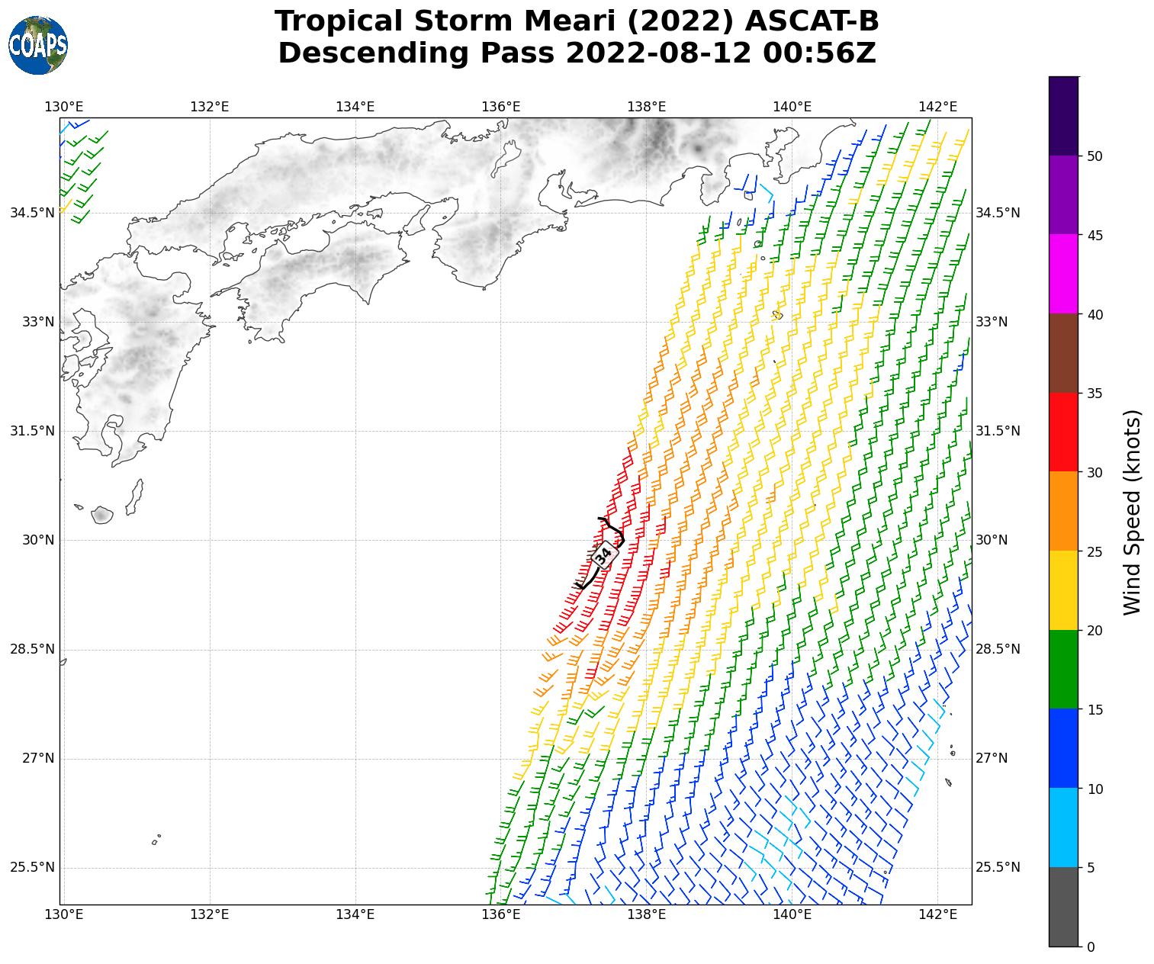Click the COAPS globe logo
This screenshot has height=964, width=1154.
(x=38, y=45)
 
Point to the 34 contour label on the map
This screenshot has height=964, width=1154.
(x=603, y=554)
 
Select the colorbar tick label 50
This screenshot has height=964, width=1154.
(x=1095, y=156)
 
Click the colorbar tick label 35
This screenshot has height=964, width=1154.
(x=1095, y=394)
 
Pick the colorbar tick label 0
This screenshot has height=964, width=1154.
(x=1091, y=947)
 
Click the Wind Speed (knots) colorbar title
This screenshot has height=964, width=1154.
(x=1133, y=512)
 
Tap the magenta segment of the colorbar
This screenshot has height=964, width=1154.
(x=1063, y=274)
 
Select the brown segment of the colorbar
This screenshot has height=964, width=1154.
(x=1063, y=353)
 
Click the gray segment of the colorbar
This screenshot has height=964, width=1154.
(x=1063, y=907)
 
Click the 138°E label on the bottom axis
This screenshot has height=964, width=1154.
(x=646, y=914)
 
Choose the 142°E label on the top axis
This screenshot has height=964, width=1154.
(x=937, y=107)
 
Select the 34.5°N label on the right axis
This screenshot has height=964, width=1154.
(x=998, y=213)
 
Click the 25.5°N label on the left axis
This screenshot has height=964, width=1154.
(x=33, y=868)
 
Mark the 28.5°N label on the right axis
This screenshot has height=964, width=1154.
(x=998, y=649)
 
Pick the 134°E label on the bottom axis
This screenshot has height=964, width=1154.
(x=355, y=914)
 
